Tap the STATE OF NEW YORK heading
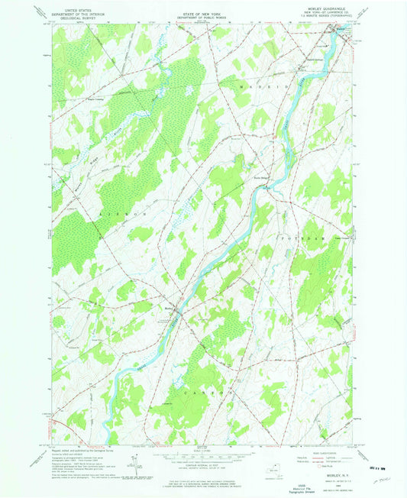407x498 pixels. point(202,7)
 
